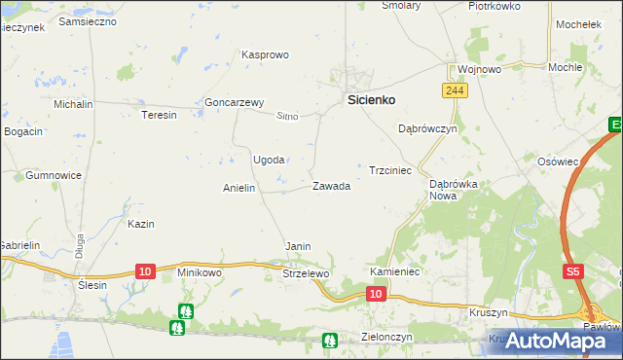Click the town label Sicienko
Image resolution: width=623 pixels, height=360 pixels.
coord(371,99)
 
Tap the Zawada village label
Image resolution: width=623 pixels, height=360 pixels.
coord(331,186)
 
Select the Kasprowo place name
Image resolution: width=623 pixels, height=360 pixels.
coord(266,54)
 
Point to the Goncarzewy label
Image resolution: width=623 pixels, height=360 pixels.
coord(235,102)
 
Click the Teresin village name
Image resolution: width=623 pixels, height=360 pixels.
coord(160,115)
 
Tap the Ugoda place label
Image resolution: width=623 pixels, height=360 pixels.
coord(269,160)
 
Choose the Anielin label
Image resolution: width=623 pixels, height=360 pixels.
coord(238,188)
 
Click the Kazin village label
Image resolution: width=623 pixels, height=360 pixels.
coord(141,224)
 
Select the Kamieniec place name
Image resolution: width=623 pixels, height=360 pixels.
coord(394,271)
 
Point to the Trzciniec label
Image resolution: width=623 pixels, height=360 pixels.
coord(390,170)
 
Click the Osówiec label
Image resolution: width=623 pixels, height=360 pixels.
coord(559,162)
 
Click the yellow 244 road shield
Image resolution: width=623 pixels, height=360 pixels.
coord(453,90)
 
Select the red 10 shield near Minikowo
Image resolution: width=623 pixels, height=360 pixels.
coord(145,270)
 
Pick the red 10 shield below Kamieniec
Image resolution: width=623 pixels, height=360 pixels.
coord(378,293)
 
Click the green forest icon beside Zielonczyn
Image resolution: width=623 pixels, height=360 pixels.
coord(330,340)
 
